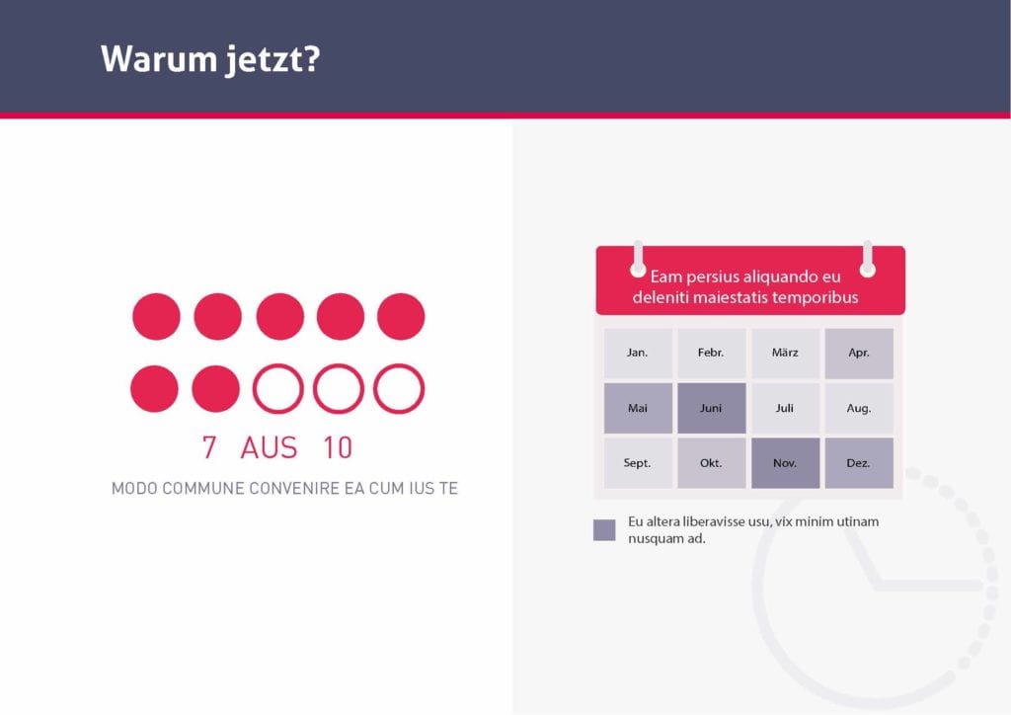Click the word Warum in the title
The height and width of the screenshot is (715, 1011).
159,58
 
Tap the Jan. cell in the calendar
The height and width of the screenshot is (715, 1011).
638,353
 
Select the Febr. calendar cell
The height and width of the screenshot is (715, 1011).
711,353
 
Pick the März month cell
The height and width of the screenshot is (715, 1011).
785,353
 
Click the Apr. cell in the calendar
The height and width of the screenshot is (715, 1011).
859,353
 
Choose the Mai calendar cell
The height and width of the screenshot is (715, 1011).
638,408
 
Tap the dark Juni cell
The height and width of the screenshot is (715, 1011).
711,408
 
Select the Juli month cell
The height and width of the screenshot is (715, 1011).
785,408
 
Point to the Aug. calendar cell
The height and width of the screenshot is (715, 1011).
859,408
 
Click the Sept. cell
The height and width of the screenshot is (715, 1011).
638,463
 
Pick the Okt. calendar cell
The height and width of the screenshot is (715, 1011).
711,463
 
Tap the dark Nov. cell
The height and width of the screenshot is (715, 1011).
785,463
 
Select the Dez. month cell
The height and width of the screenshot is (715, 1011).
859,463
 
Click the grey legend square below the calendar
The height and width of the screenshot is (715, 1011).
604,530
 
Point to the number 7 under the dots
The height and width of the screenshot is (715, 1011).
209,447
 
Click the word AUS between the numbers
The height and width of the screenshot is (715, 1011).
269,447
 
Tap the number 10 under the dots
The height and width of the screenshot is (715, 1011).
338,447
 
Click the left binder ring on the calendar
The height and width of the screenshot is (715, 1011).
638,259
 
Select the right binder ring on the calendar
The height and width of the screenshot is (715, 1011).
868,259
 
